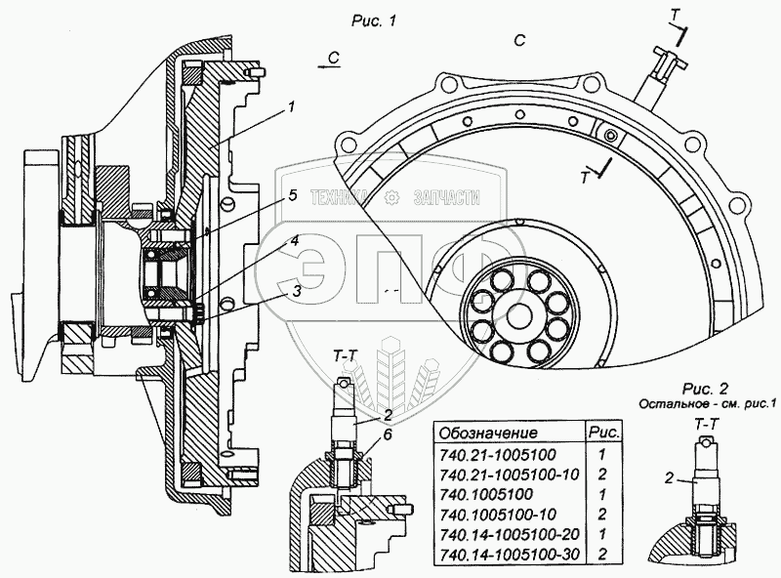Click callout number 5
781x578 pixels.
(291, 195)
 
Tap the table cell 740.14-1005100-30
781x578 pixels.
(514, 554)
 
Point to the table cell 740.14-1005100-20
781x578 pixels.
(514, 534)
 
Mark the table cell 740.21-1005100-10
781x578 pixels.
(514, 474)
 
